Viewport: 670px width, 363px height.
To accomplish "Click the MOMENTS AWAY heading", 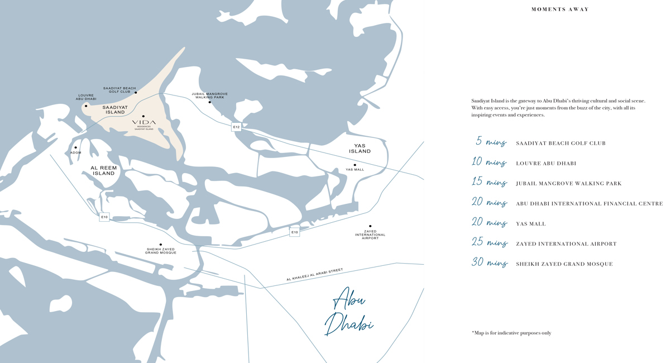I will (x=560, y=9).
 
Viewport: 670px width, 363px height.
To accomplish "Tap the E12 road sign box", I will (x=236, y=127).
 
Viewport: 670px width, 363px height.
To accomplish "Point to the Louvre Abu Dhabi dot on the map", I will (x=86, y=106).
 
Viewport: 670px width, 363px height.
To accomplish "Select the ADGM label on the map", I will (x=75, y=152).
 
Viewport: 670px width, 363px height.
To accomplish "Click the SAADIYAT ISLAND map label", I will (x=115, y=109).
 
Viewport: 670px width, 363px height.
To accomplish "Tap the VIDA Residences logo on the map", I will (x=144, y=123).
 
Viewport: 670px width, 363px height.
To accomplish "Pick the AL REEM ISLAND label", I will (x=103, y=170).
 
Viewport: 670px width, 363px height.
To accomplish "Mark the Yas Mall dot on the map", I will (x=355, y=165).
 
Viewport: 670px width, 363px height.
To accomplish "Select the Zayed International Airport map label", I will (x=370, y=235).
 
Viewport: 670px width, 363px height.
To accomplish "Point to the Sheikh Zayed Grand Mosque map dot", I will (x=161, y=244).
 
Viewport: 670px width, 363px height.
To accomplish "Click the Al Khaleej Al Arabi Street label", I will (x=314, y=275).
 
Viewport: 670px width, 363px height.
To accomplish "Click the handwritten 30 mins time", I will (x=489, y=263).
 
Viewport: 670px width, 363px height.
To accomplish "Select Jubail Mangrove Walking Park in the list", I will (x=568, y=184).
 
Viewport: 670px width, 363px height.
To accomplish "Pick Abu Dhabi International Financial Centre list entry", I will (x=589, y=204).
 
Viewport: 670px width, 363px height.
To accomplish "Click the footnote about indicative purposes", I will (x=511, y=333).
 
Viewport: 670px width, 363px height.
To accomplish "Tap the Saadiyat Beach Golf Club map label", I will (x=119, y=89).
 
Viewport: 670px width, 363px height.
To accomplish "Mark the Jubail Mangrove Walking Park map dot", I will (x=210, y=102).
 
